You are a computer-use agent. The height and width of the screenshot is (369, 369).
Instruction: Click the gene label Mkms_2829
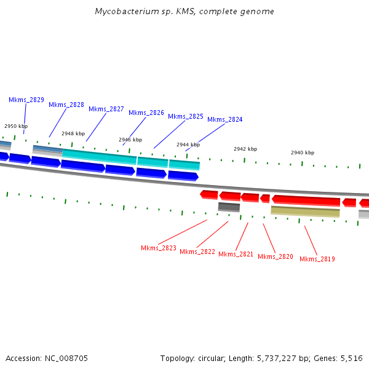(26, 100)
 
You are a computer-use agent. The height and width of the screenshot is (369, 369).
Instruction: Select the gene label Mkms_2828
(66, 105)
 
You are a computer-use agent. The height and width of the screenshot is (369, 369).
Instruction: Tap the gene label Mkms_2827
(106, 109)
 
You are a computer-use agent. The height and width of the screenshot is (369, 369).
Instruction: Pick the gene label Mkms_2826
(146, 113)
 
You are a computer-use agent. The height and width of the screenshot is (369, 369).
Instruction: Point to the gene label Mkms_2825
(186, 116)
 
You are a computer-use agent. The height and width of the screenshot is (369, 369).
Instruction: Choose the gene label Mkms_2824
(225, 119)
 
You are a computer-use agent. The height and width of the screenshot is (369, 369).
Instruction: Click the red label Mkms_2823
(159, 248)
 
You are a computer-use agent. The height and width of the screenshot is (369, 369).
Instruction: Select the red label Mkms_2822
(197, 252)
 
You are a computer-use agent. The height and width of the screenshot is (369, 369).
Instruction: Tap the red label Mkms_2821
(236, 254)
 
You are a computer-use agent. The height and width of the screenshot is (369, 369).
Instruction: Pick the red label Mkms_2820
(276, 256)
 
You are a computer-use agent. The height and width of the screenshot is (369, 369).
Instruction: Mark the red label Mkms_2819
(317, 259)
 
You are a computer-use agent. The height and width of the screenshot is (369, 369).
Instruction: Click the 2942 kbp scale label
(245, 149)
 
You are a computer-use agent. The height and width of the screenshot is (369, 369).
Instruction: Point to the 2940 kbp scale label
(303, 153)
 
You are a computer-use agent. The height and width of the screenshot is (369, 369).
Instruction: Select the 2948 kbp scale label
(73, 133)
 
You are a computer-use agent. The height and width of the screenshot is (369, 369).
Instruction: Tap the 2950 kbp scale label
(16, 125)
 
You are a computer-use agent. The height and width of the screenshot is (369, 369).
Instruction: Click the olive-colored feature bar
(305, 212)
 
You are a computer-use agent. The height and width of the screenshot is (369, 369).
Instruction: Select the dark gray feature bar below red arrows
(229, 207)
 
